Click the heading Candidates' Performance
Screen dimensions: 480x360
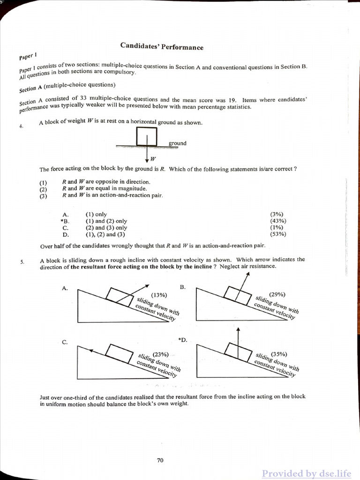162,46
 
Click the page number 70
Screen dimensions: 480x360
160,460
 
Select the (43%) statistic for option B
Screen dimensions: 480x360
278,221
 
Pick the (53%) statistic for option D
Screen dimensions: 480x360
278,234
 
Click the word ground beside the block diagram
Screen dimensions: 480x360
177,143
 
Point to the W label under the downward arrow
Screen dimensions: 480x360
153,158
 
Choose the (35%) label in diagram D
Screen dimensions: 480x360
279,354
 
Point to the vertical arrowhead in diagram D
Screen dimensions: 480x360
238,330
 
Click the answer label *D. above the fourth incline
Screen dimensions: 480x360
182,339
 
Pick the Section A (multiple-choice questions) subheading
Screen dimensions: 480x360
67,87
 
